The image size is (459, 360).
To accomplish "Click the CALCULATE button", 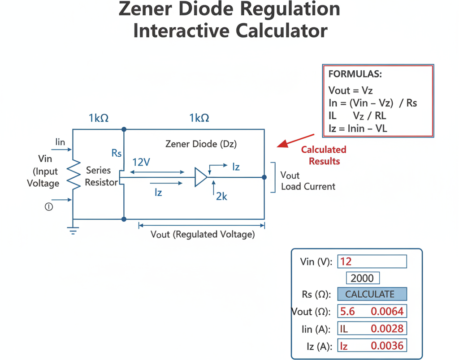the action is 372,294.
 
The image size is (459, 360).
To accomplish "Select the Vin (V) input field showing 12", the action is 372,261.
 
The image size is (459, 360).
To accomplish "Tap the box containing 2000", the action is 363,278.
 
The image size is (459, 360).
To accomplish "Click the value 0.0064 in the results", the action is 387,312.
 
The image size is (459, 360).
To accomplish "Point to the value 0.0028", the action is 387,329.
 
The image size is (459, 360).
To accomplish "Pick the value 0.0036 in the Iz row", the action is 387,346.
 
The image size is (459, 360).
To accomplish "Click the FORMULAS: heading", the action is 355,74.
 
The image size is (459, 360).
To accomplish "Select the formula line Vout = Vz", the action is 351,90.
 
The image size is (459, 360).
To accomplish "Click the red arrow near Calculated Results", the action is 295,141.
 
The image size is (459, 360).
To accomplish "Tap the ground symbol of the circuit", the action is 73,231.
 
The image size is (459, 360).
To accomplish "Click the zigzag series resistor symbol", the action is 74,175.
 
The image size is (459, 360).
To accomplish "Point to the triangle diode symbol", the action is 201,177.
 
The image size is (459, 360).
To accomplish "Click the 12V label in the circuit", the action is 141,162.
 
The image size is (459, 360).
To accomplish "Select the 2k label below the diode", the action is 221,197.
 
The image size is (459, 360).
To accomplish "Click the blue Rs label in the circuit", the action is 117,153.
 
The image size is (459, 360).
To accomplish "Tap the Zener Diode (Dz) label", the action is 201,144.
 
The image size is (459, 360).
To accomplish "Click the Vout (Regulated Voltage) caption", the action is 203,234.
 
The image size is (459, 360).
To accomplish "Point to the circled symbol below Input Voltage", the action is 48,207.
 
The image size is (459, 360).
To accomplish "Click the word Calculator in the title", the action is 281,30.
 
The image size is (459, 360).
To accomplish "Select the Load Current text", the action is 308,187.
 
